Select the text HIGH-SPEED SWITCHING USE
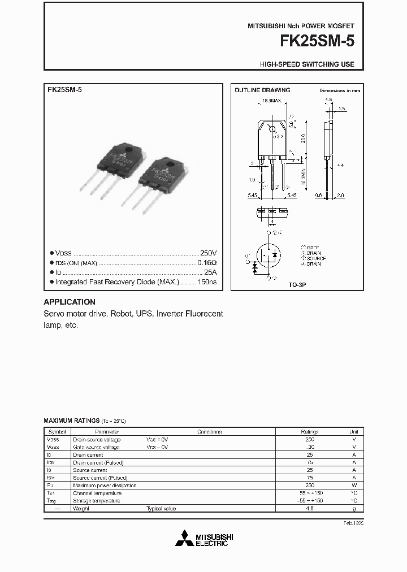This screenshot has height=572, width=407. pyautogui.click(x=307, y=64)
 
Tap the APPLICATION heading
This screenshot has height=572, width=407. pyautogui.click(x=70, y=302)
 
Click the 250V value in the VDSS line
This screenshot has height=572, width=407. pyautogui.click(x=209, y=253)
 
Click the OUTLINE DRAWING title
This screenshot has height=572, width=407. pyautogui.click(x=262, y=90)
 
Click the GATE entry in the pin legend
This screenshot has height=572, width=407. pyautogui.click(x=313, y=248)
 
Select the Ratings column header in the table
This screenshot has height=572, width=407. pyautogui.click(x=310, y=431)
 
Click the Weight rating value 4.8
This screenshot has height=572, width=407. pyautogui.click(x=310, y=509)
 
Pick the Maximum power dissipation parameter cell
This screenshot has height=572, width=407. pyautogui.click(x=105, y=486)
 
